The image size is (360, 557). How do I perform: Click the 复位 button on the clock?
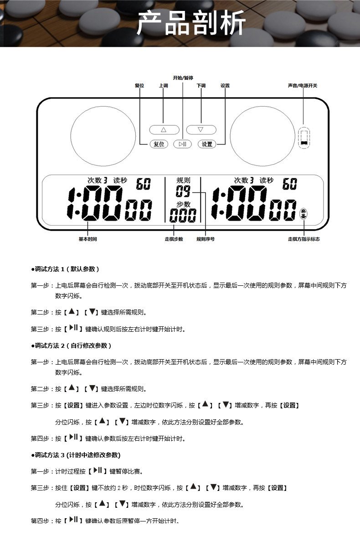pos(159,144)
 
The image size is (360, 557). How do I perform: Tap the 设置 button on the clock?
pos(207,144)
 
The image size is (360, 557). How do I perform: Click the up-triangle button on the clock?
pos(164,129)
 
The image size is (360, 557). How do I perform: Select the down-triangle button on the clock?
pos(201,129)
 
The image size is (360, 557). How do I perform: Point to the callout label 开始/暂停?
pos(183,78)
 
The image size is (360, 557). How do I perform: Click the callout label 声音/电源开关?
pos(303,86)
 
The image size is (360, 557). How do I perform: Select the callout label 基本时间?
pos(87,239)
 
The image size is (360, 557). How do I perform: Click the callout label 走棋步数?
pos(174,239)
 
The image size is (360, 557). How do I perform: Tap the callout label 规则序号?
pos(206,239)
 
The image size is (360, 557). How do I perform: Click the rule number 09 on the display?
pos(183,191)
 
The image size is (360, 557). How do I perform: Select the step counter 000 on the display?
pos(183,215)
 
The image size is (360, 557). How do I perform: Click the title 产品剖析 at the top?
pos(191,23)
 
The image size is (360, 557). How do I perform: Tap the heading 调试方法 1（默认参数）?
pos(66,269)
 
